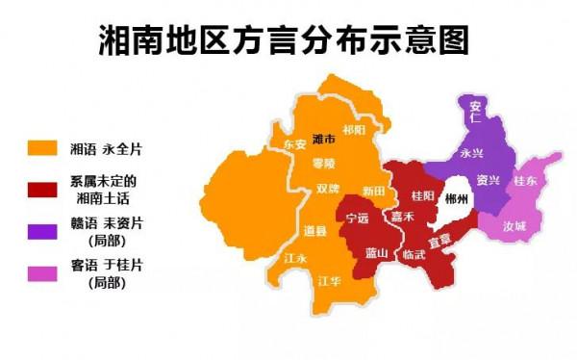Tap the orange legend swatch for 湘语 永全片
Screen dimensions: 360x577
click(x=44, y=149)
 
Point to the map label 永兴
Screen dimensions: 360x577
click(x=471, y=153)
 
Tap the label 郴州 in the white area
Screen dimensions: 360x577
click(x=458, y=200)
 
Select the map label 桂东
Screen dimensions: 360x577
click(x=525, y=180)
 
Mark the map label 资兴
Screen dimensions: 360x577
click(x=488, y=181)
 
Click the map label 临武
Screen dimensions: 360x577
click(x=414, y=254)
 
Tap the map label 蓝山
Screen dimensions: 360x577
click(x=376, y=253)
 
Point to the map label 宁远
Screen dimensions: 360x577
click(x=356, y=219)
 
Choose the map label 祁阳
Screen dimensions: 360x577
click(x=354, y=130)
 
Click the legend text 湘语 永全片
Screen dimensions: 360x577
click(x=106, y=149)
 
